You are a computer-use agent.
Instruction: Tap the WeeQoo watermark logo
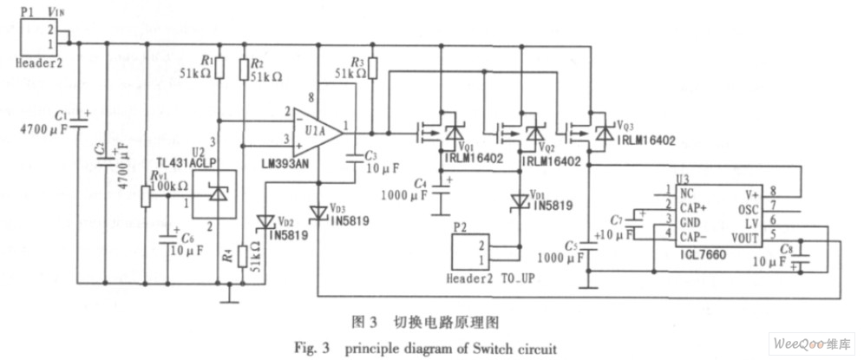tap(804, 344)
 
